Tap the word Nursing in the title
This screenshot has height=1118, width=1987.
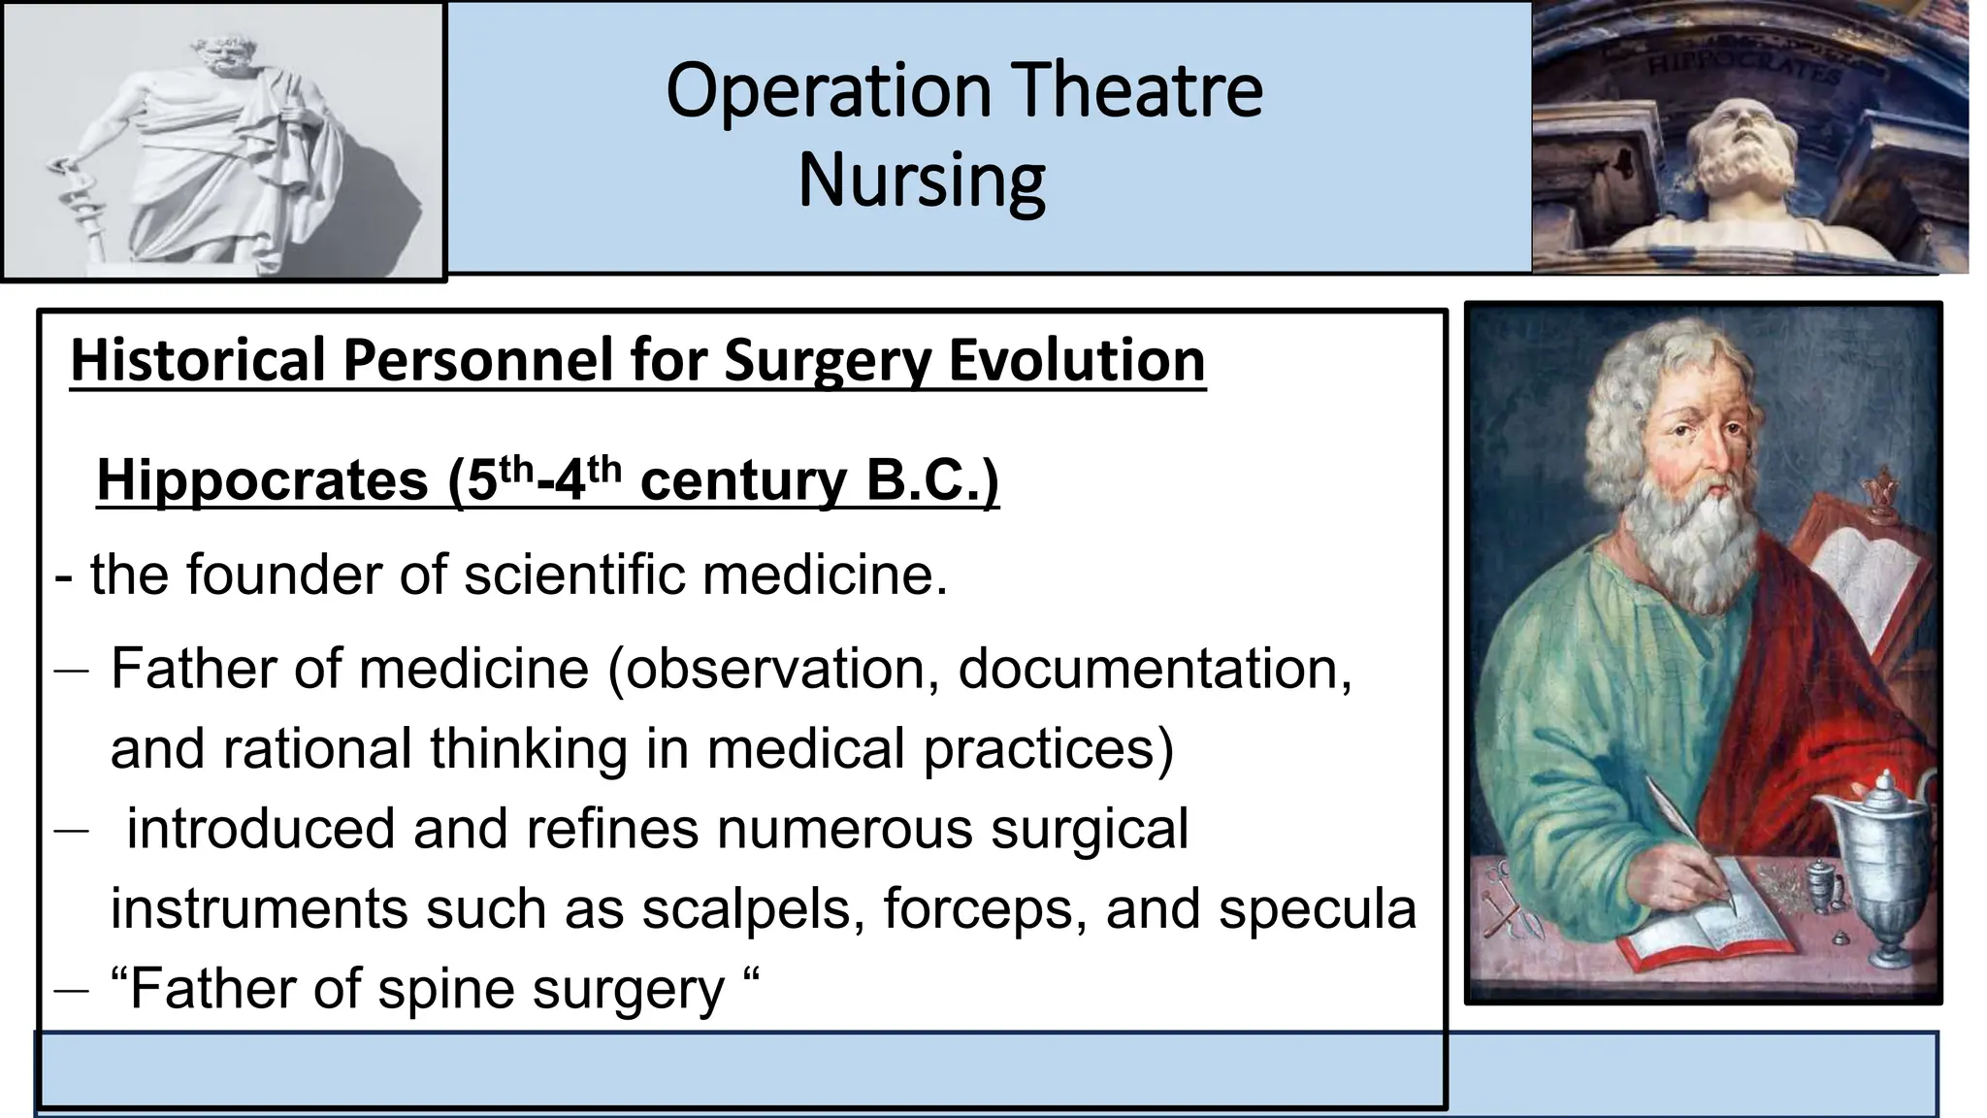pos(921,180)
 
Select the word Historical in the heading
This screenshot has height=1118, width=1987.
pos(197,360)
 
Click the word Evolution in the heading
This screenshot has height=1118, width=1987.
pos(1076,360)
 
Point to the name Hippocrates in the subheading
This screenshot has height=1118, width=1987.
pos(262,480)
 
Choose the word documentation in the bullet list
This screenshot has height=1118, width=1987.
pos(1154,669)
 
